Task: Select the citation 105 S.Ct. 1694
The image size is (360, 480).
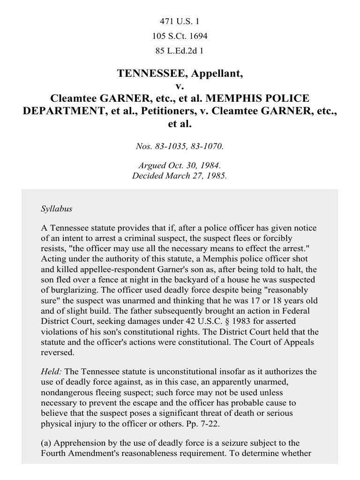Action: coord(180,36)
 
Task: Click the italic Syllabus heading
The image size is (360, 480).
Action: coord(56,209)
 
